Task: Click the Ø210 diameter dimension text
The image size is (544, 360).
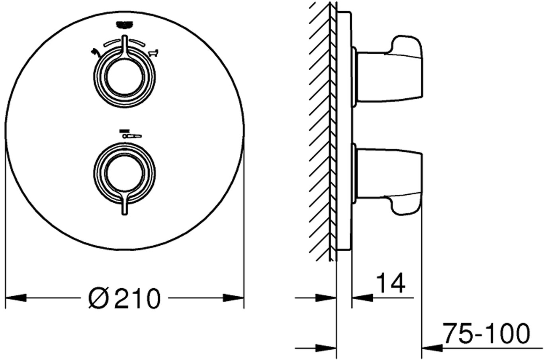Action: pyautogui.click(x=124, y=298)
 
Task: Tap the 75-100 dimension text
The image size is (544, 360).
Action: pyautogui.click(x=486, y=333)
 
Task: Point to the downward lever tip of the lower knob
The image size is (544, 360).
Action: pyautogui.click(x=125, y=214)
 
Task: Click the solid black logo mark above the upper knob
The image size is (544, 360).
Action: pyautogui.click(x=125, y=24)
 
